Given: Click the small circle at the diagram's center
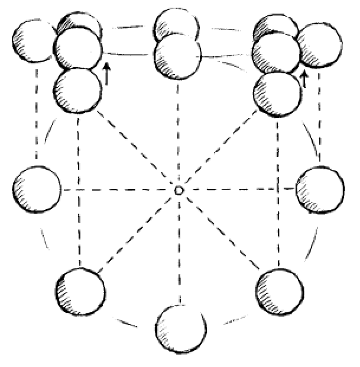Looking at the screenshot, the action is click(179, 190).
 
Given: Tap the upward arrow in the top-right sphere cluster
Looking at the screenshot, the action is click(304, 79).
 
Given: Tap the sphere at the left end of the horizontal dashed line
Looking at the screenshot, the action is click(36, 191).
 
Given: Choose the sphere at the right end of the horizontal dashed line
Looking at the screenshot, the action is click(320, 190).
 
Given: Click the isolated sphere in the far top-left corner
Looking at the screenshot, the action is click(34, 41).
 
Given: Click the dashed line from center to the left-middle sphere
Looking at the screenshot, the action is click(118, 190).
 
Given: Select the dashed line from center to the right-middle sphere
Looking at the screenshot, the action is click(236, 189).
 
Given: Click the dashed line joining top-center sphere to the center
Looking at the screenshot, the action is click(179, 130).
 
